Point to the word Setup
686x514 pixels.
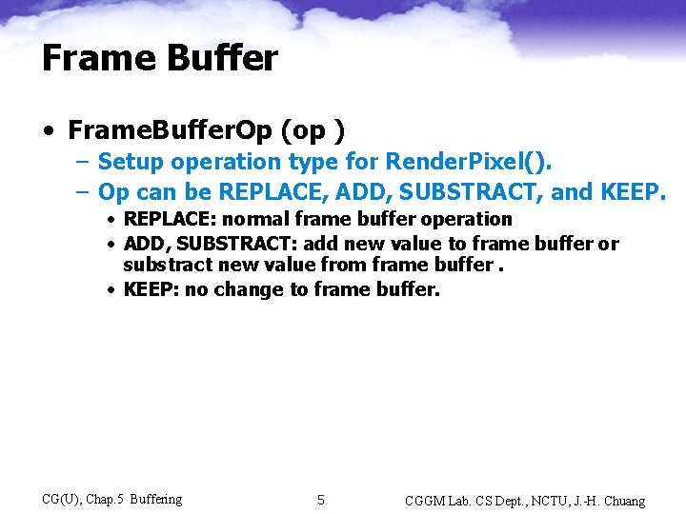point(131,163)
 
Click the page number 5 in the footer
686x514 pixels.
point(321,500)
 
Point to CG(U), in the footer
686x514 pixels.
point(62,500)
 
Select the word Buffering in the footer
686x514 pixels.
point(155,500)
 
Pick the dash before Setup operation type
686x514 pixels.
point(84,163)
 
